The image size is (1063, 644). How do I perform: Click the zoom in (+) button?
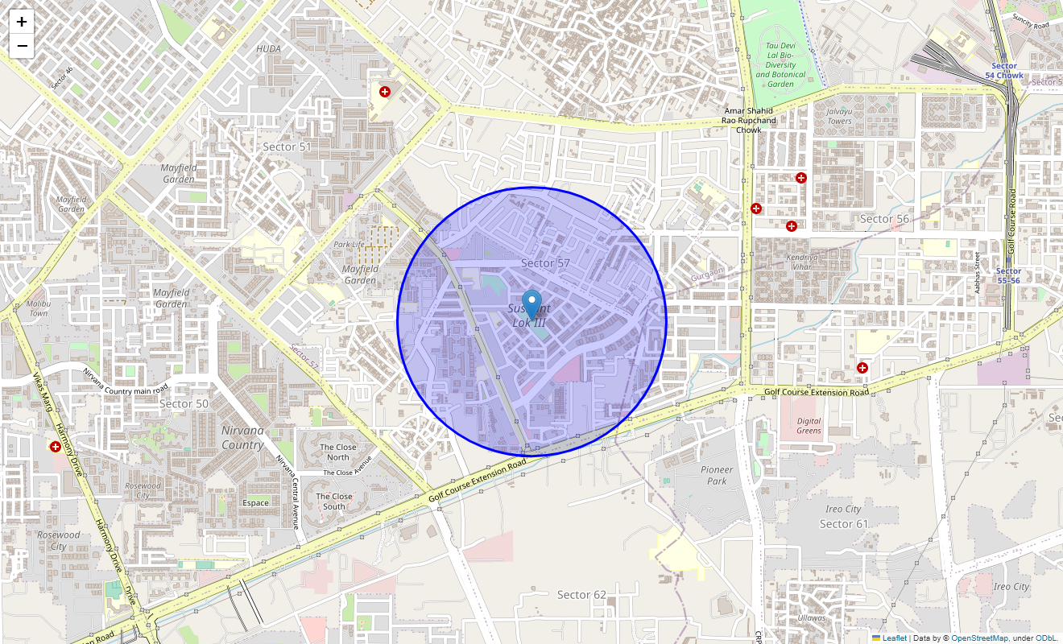pos(22,22)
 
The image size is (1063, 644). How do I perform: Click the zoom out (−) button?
pos(22,46)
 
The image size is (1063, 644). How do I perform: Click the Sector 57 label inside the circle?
pos(545,263)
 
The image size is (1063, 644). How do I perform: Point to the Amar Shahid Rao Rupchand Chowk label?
pos(748,120)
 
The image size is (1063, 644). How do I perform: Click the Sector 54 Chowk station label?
pos(1004,71)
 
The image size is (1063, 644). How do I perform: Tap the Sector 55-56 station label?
pos(1007,275)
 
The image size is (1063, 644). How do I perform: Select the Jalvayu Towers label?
pos(839,116)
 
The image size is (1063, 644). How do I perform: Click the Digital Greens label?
pos(809,425)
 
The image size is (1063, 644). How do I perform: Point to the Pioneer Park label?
pos(717,475)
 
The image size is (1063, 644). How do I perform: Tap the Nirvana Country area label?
pos(242,437)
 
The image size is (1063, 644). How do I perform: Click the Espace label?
pos(255,502)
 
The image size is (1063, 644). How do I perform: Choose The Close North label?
pos(338,452)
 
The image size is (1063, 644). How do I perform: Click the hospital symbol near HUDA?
pos(385,92)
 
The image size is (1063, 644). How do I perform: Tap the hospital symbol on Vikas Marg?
pos(56,446)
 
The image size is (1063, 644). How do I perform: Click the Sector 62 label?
pos(581,594)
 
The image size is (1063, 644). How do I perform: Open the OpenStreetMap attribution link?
pos(979,638)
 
